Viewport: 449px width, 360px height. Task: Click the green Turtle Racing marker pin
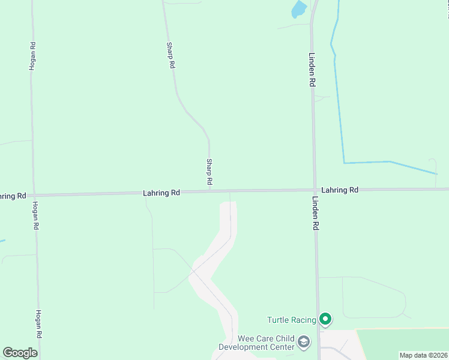click(325, 319)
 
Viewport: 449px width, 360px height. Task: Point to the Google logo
click(20, 353)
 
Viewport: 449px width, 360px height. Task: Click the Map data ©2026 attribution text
click(423, 355)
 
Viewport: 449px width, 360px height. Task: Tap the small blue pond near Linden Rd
click(298, 9)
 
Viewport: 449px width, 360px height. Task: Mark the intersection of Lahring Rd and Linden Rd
click(314, 190)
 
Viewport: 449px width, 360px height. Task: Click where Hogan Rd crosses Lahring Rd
click(34, 195)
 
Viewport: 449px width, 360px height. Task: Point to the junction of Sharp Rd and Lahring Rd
click(209, 191)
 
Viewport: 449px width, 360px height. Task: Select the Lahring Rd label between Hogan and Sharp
click(161, 193)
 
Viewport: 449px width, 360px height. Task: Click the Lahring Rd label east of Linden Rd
click(340, 190)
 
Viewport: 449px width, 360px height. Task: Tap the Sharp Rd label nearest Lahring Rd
click(209, 171)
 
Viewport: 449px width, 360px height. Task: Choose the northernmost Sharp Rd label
click(170, 55)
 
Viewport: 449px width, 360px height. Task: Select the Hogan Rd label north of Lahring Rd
click(32, 56)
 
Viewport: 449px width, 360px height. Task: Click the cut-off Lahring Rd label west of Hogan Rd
click(12, 196)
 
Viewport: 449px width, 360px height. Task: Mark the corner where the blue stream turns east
click(344, 163)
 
